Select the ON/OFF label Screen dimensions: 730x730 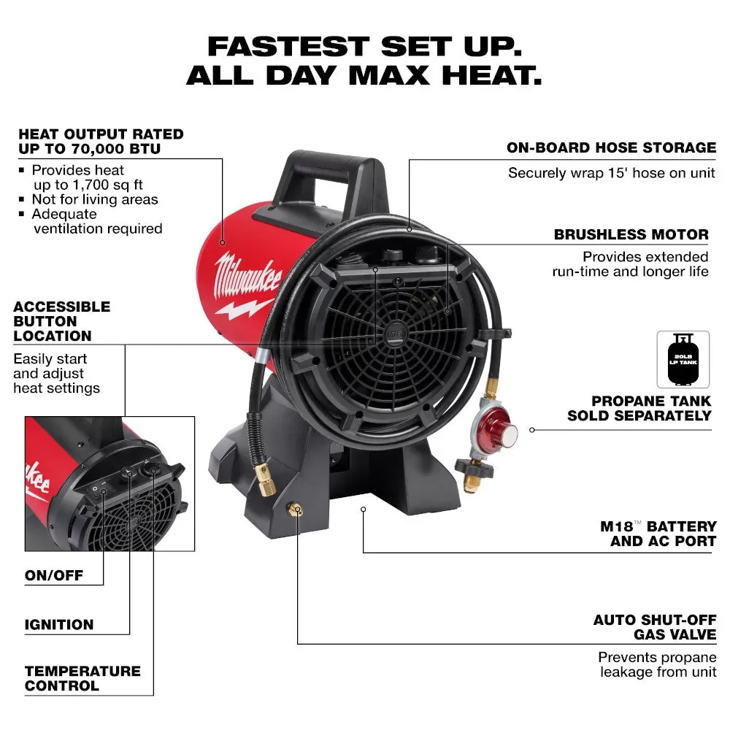click(54, 576)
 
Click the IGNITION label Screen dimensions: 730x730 click(59, 625)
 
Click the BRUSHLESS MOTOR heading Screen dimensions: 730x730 click(631, 235)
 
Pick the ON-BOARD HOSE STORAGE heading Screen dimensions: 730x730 click(611, 148)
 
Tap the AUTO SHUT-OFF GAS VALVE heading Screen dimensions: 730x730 click(654, 628)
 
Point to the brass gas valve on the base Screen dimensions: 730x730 click(296, 510)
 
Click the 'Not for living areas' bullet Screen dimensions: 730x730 click(94, 199)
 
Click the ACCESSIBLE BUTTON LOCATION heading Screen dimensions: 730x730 click(62, 321)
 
